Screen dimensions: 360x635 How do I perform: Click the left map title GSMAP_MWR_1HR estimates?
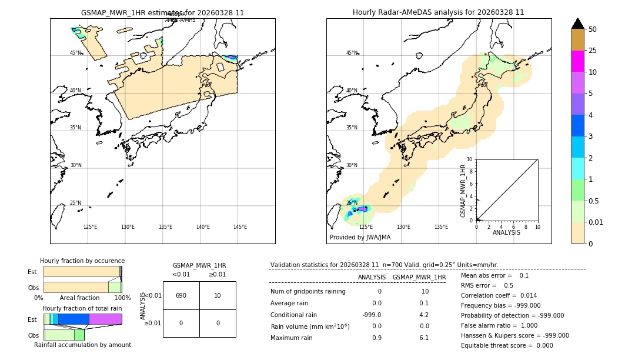pos(162,12)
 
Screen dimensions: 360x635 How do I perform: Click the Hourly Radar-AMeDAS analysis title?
pos(438,12)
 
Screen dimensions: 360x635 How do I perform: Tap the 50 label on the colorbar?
pos(593,29)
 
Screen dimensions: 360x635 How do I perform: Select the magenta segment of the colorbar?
pos(578,61)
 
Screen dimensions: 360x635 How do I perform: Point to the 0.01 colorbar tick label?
pos(596,222)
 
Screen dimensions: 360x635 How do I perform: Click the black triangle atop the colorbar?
pos(578,24)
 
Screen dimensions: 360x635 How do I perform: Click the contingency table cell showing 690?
pos(181,295)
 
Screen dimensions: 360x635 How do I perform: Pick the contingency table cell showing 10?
pos(218,295)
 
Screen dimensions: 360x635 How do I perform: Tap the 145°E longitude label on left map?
pos(240,227)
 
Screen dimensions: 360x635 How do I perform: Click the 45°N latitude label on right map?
pos(352,53)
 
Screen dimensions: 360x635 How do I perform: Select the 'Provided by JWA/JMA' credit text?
pos(360,238)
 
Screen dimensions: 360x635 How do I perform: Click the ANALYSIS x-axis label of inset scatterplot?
pos(506,232)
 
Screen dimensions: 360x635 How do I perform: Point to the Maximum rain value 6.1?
pos(424,338)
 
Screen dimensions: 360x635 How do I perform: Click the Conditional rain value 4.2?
pos(424,315)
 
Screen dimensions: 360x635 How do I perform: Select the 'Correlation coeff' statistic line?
pos(499,295)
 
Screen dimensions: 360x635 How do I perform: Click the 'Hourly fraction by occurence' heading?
pos(82,261)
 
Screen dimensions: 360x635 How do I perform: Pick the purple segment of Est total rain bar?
pos(105,319)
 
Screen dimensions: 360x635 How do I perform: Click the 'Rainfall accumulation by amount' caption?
pos(82,345)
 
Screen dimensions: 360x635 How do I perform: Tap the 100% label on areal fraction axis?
pos(122,298)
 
